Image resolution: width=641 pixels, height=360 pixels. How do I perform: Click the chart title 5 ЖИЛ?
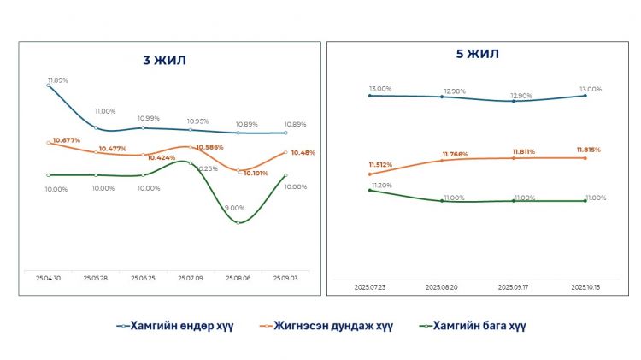pos(477,54)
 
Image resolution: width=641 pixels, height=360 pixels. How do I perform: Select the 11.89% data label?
pos(58,80)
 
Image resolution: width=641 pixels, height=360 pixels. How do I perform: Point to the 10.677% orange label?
pos(66,139)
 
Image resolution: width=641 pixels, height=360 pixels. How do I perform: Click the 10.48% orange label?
pos(303,152)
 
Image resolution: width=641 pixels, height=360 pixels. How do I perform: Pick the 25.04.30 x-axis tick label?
pos(48,278)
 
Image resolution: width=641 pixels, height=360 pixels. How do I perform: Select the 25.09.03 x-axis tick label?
pos(285,278)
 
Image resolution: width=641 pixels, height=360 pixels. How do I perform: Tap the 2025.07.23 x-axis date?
pos(369,288)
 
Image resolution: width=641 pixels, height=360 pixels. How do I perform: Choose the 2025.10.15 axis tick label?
pos(585,288)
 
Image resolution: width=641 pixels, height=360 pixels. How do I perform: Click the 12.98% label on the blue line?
pos(455,91)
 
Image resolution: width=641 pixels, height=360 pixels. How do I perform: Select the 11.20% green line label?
pos(380,185)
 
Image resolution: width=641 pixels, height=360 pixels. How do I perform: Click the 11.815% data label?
pos(588,150)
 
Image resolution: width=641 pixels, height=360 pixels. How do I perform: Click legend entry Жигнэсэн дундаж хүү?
pos(329,325)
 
